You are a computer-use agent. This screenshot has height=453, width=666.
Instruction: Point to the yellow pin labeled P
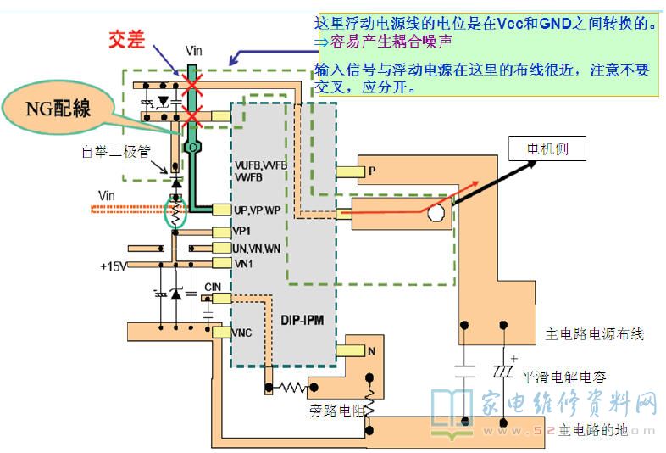click(x=349, y=171)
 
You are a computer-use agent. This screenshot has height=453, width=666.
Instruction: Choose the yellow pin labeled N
click(x=349, y=350)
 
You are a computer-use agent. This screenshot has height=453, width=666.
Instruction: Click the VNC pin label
click(x=243, y=333)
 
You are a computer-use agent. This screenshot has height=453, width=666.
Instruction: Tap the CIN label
click(x=213, y=288)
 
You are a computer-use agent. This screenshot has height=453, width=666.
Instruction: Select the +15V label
click(x=113, y=266)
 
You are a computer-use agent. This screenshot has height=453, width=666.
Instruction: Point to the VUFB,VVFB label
click(x=263, y=165)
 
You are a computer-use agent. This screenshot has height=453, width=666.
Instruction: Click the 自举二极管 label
click(x=115, y=153)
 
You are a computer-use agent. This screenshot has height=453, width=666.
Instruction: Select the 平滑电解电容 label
click(x=563, y=377)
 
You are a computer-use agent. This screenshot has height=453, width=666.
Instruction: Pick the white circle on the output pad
click(x=436, y=212)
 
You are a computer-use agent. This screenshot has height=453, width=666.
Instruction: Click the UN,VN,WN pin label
click(x=257, y=248)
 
